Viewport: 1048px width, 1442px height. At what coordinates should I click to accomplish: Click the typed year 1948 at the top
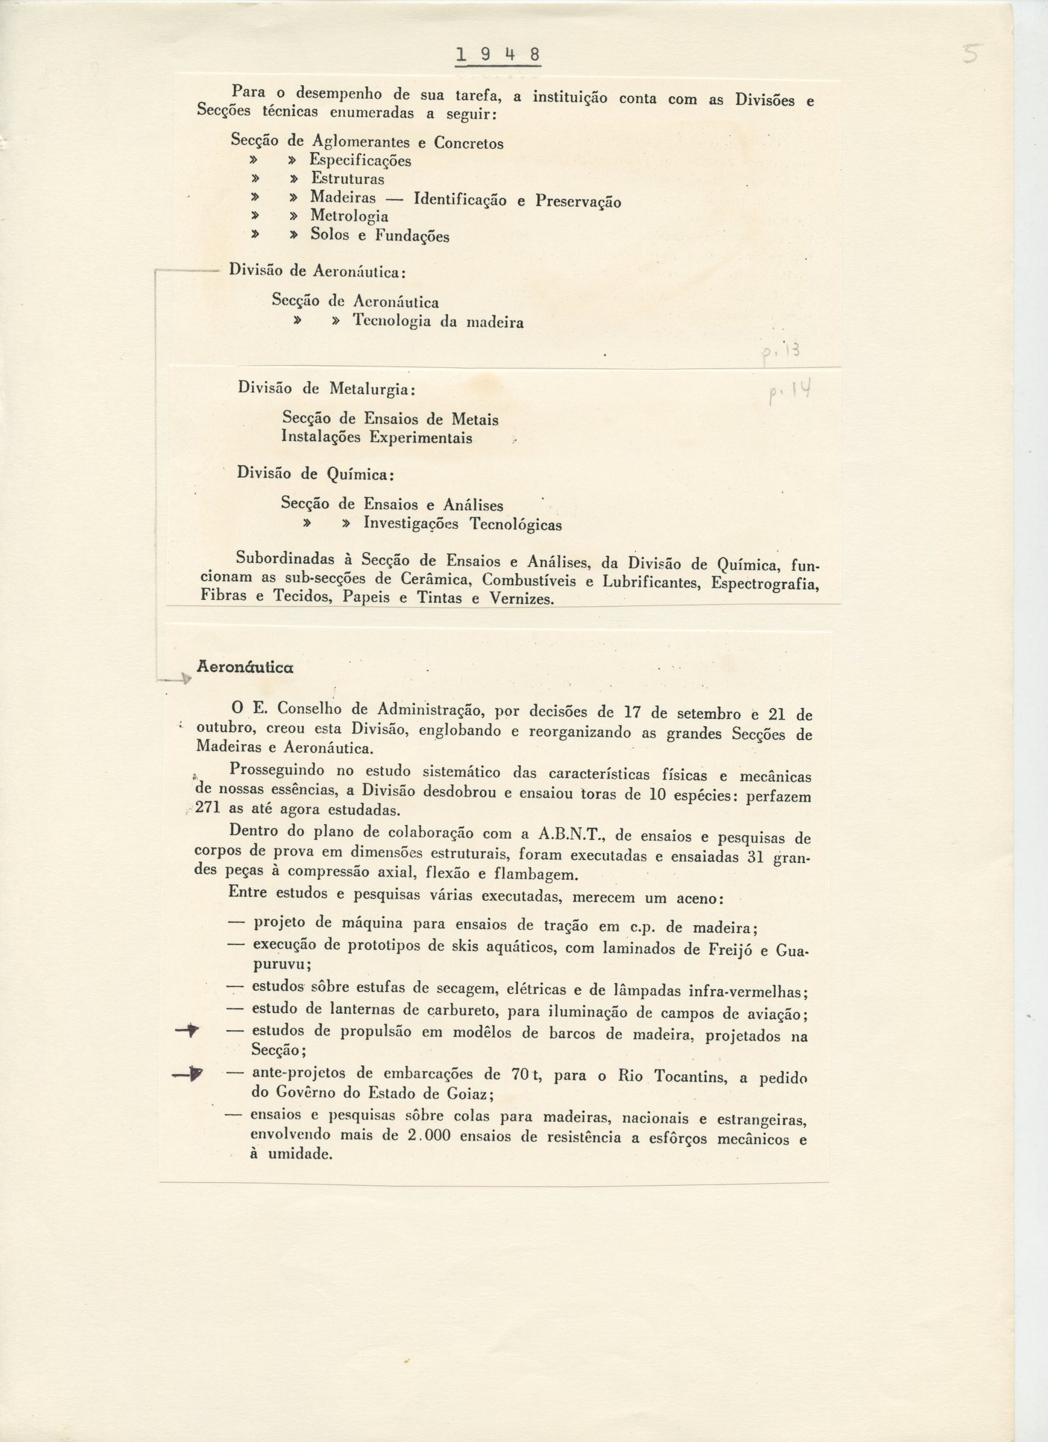498,55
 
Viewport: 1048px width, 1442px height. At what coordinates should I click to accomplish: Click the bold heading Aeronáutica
245,667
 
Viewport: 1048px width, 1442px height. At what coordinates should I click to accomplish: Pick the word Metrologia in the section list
349,216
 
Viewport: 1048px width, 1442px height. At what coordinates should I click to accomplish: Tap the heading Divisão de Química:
316,473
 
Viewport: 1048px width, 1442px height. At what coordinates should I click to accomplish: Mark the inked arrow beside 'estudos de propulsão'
188,1031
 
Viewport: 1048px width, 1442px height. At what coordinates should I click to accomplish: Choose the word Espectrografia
765,583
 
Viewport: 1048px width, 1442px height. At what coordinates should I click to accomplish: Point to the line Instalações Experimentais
376,438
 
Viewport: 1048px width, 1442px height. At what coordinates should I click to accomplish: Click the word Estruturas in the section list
347,179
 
